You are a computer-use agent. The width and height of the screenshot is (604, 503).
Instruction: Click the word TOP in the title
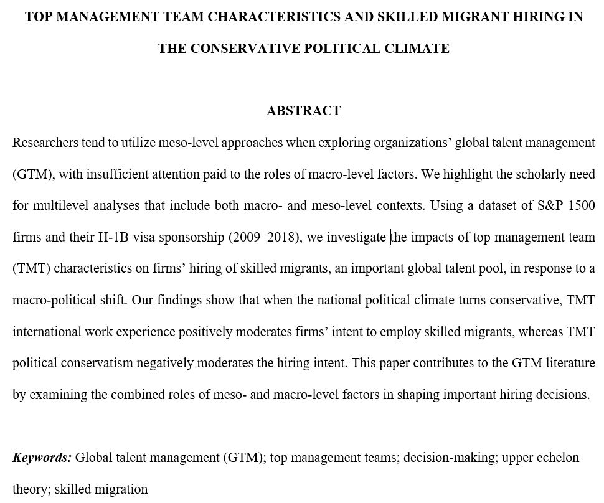(38, 17)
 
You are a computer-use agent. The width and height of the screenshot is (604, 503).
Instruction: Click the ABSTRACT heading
(303, 111)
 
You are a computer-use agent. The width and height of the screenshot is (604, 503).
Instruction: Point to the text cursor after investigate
(391, 237)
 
